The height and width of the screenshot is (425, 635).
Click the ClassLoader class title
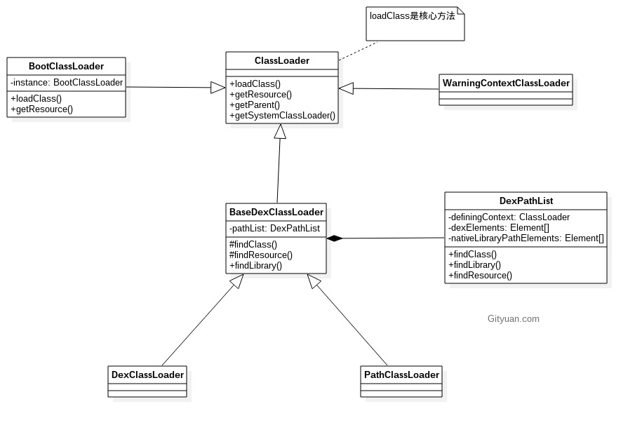[281, 61]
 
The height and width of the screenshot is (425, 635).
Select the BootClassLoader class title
[66, 67]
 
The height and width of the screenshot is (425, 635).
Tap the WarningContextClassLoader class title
[505, 83]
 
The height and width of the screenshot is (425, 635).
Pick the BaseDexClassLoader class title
[276, 212]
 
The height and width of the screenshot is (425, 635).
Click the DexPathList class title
[526, 201]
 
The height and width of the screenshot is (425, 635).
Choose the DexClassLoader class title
[147, 375]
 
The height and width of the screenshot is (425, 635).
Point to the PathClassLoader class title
[401, 375]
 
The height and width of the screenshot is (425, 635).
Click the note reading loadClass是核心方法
[413, 16]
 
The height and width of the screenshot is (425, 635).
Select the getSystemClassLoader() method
[282, 116]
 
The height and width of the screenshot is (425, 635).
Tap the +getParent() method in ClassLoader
[255, 105]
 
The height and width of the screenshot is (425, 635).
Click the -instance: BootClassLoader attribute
[67, 83]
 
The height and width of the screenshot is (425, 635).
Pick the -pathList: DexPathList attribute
[274, 229]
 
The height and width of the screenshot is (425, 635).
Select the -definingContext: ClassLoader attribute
[509, 217]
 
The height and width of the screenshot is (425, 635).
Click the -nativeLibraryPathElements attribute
[526, 238]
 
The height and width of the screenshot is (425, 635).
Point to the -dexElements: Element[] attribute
[499, 228]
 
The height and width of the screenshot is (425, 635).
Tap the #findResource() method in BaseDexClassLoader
[261, 255]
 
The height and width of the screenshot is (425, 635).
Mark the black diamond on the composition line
[335, 238]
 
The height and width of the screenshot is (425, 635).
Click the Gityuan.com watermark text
[513, 319]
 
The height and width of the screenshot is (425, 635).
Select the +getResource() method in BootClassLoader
[41, 109]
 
